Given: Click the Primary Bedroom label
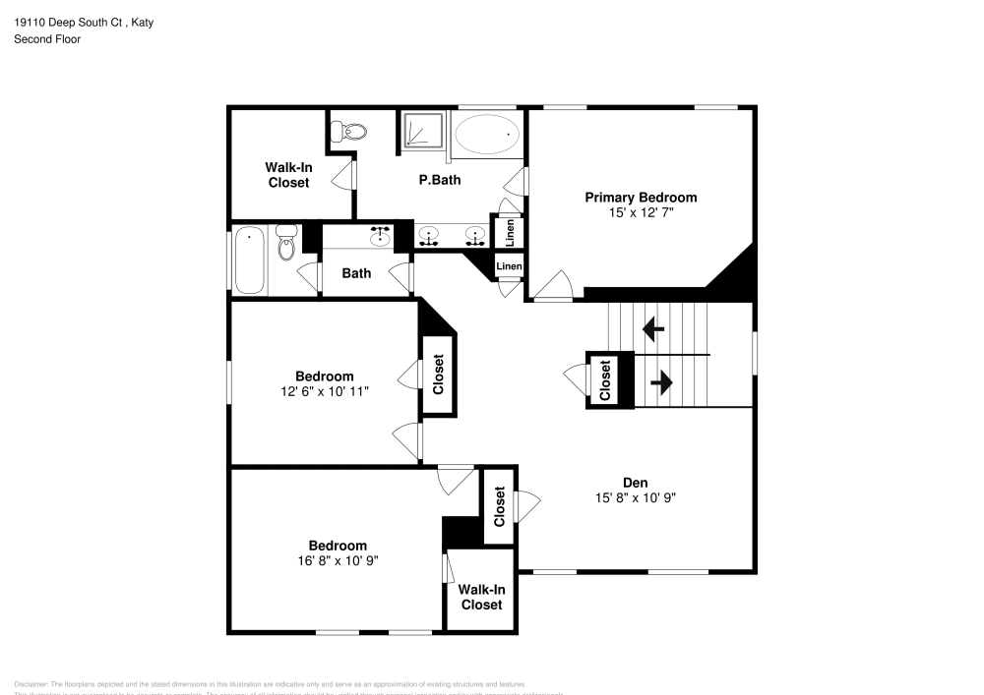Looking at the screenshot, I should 641,197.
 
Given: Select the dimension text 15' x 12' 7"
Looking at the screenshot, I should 641,211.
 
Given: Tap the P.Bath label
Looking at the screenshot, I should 439,180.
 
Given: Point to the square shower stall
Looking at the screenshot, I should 422,132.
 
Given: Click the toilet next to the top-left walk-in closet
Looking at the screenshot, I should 347,130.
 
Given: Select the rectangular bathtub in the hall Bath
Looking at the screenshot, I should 250,260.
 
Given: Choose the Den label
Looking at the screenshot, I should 635,482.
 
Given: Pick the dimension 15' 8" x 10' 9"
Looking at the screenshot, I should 635,497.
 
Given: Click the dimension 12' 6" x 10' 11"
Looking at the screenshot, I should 324,391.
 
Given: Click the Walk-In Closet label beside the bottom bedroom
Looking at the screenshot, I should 481,597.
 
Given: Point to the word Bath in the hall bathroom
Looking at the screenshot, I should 356,272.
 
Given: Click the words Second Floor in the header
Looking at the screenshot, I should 47,39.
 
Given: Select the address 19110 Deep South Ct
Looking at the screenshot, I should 68,22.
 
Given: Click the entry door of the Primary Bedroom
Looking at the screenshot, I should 551,286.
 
